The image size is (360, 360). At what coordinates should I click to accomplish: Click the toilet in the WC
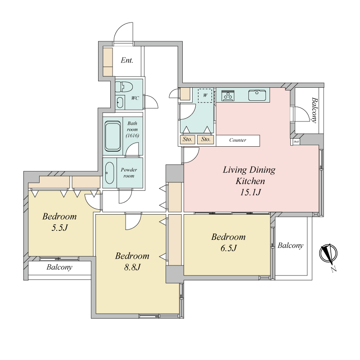click(x=124, y=87)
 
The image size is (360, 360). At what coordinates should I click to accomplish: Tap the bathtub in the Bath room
click(x=113, y=136)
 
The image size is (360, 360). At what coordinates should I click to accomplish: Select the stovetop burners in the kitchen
click(x=228, y=95)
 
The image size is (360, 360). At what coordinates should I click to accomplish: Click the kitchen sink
click(x=257, y=95)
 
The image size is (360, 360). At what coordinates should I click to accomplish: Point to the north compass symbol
click(x=328, y=254)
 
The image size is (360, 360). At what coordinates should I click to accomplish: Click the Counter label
click(x=238, y=140)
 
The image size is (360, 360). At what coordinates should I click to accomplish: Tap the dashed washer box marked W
click(x=205, y=95)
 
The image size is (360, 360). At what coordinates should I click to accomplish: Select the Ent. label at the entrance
click(x=127, y=60)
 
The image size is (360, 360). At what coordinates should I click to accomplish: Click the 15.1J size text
click(x=250, y=192)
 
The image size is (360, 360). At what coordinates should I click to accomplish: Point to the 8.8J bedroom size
click(x=132, y=267)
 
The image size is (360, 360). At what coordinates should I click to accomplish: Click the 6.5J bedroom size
click(x=229, y=248)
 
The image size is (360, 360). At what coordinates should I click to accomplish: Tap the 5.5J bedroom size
click(x=59, y=228)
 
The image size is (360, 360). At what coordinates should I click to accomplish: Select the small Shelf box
click(x=296, y=142)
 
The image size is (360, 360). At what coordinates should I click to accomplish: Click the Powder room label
click(x=129, y=173)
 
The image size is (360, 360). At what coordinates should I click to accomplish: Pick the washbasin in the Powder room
click(x=109, y=173)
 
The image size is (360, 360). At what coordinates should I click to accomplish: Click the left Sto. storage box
click(x=188, y=139)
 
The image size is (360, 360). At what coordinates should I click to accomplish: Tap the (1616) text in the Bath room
click(x=132, y=135)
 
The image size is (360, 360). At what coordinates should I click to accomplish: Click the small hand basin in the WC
click(x=120, y=102)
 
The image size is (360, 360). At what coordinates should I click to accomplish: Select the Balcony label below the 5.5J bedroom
click(x=59, y=267)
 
